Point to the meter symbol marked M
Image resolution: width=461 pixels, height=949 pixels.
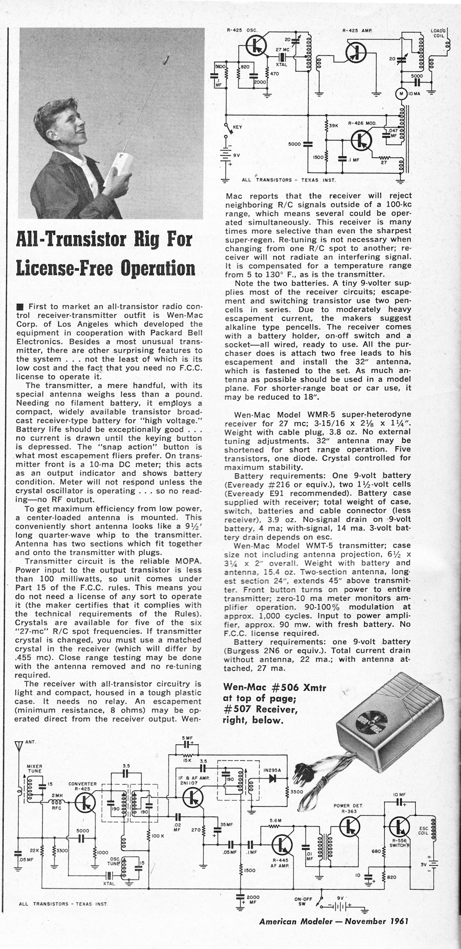tap(401, 93)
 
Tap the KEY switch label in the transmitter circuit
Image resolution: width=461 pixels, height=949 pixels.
tap(237, 127)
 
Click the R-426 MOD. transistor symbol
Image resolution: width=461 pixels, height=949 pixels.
tap(361, 140)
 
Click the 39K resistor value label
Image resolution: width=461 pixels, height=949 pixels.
tap(334, 126)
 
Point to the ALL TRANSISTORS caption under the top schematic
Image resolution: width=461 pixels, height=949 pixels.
tap(288, 180)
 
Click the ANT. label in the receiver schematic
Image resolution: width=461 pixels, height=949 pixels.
tap(31, 742)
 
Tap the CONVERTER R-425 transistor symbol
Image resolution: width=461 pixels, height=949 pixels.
tap(85, 804)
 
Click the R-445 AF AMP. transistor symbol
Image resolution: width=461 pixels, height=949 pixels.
tap(282, 844)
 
